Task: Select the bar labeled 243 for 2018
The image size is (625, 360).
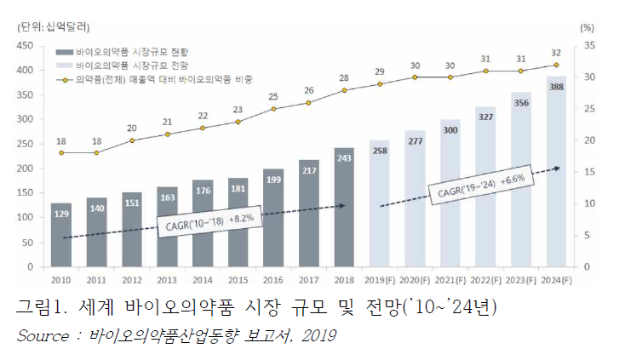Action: tap(344, 213)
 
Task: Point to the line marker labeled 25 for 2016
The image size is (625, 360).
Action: tap(273, 109)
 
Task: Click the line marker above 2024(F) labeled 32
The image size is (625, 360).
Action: tap(556, 65)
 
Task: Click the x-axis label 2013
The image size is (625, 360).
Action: tap(167, 279)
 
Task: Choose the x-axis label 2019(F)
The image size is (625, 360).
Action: tap(380, 279)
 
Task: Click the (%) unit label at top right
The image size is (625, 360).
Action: tap(586, 27)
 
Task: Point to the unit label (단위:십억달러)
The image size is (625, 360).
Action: tap(53, 27)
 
